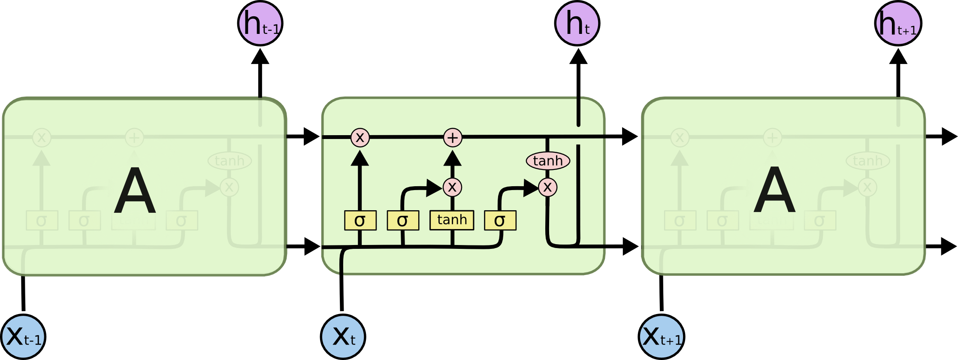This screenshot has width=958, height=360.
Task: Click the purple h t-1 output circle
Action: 260,23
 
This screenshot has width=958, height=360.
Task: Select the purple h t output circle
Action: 577,23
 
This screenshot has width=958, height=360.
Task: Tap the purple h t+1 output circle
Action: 898,23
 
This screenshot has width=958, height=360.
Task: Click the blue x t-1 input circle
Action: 23,337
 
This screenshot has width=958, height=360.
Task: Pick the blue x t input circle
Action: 343,337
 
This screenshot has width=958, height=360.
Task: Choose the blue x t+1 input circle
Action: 662,337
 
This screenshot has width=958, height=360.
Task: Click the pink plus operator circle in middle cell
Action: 453,138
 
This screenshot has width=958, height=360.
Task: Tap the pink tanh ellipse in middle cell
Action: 548,161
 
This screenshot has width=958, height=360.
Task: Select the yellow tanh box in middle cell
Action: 452,220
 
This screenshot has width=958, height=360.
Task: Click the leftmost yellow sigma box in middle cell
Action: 360,221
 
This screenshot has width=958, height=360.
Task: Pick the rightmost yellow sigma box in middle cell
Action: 500,221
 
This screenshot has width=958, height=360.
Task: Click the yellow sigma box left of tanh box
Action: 402,221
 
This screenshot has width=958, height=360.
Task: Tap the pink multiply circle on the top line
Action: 360,138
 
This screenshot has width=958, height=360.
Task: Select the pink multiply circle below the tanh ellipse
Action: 547,187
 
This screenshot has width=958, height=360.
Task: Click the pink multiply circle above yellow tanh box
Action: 452,187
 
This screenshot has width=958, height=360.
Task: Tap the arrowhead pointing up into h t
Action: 578,57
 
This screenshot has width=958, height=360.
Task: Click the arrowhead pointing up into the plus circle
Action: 452,158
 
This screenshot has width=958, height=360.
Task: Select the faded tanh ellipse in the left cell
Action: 230,161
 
